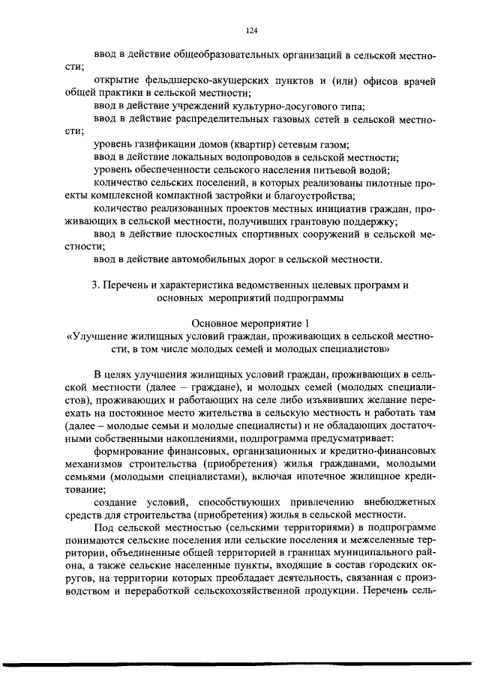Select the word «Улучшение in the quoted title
tap(97, 336)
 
